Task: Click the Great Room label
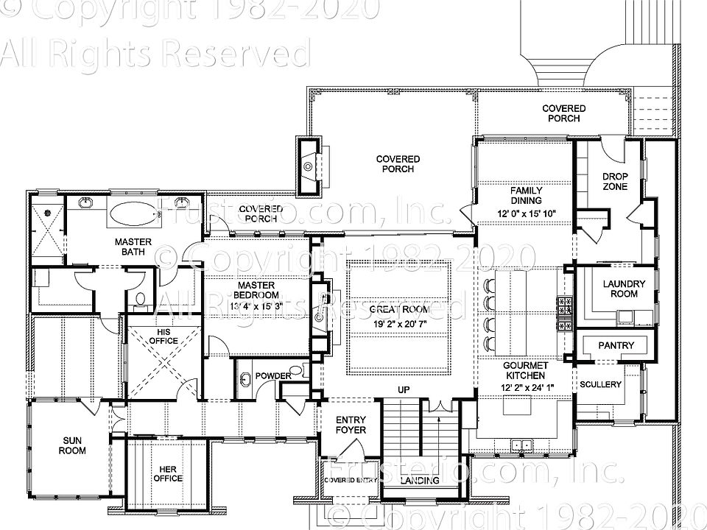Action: tap(399, 309)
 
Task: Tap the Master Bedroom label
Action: tap(256, 290)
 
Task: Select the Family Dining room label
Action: tap(526, 195)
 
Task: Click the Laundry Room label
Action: tap(624, 289)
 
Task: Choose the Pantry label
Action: tap(611, 344)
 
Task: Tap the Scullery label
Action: tap(600, 384)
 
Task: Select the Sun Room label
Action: tap(71, 445)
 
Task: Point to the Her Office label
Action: tap(168, 473)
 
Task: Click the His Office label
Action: tap(163, 336)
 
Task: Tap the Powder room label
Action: tap(273, 376)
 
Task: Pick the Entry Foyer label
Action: tap(351, 425)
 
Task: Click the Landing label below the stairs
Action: tap(419, 481)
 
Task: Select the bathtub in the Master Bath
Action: tap(134, 213)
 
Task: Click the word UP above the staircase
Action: tap(404, 389)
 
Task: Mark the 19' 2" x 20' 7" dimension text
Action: tap(399, 322)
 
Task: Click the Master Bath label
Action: tap(133, 247)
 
